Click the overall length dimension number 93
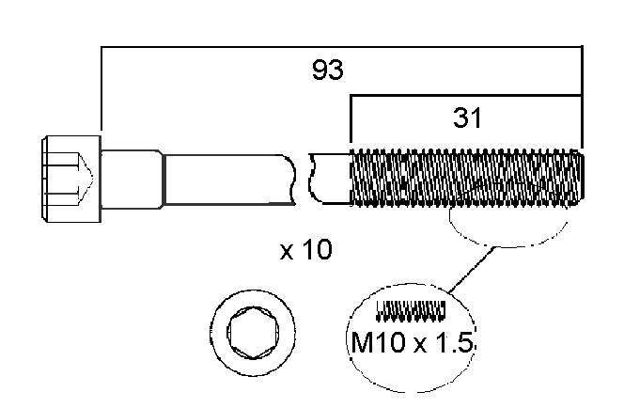(328, 70)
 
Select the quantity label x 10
(306, 252)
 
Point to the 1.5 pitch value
(455, 343)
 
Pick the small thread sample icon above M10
(411, 308)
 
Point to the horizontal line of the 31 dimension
(466, 95)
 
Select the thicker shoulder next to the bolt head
(132, 178)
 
